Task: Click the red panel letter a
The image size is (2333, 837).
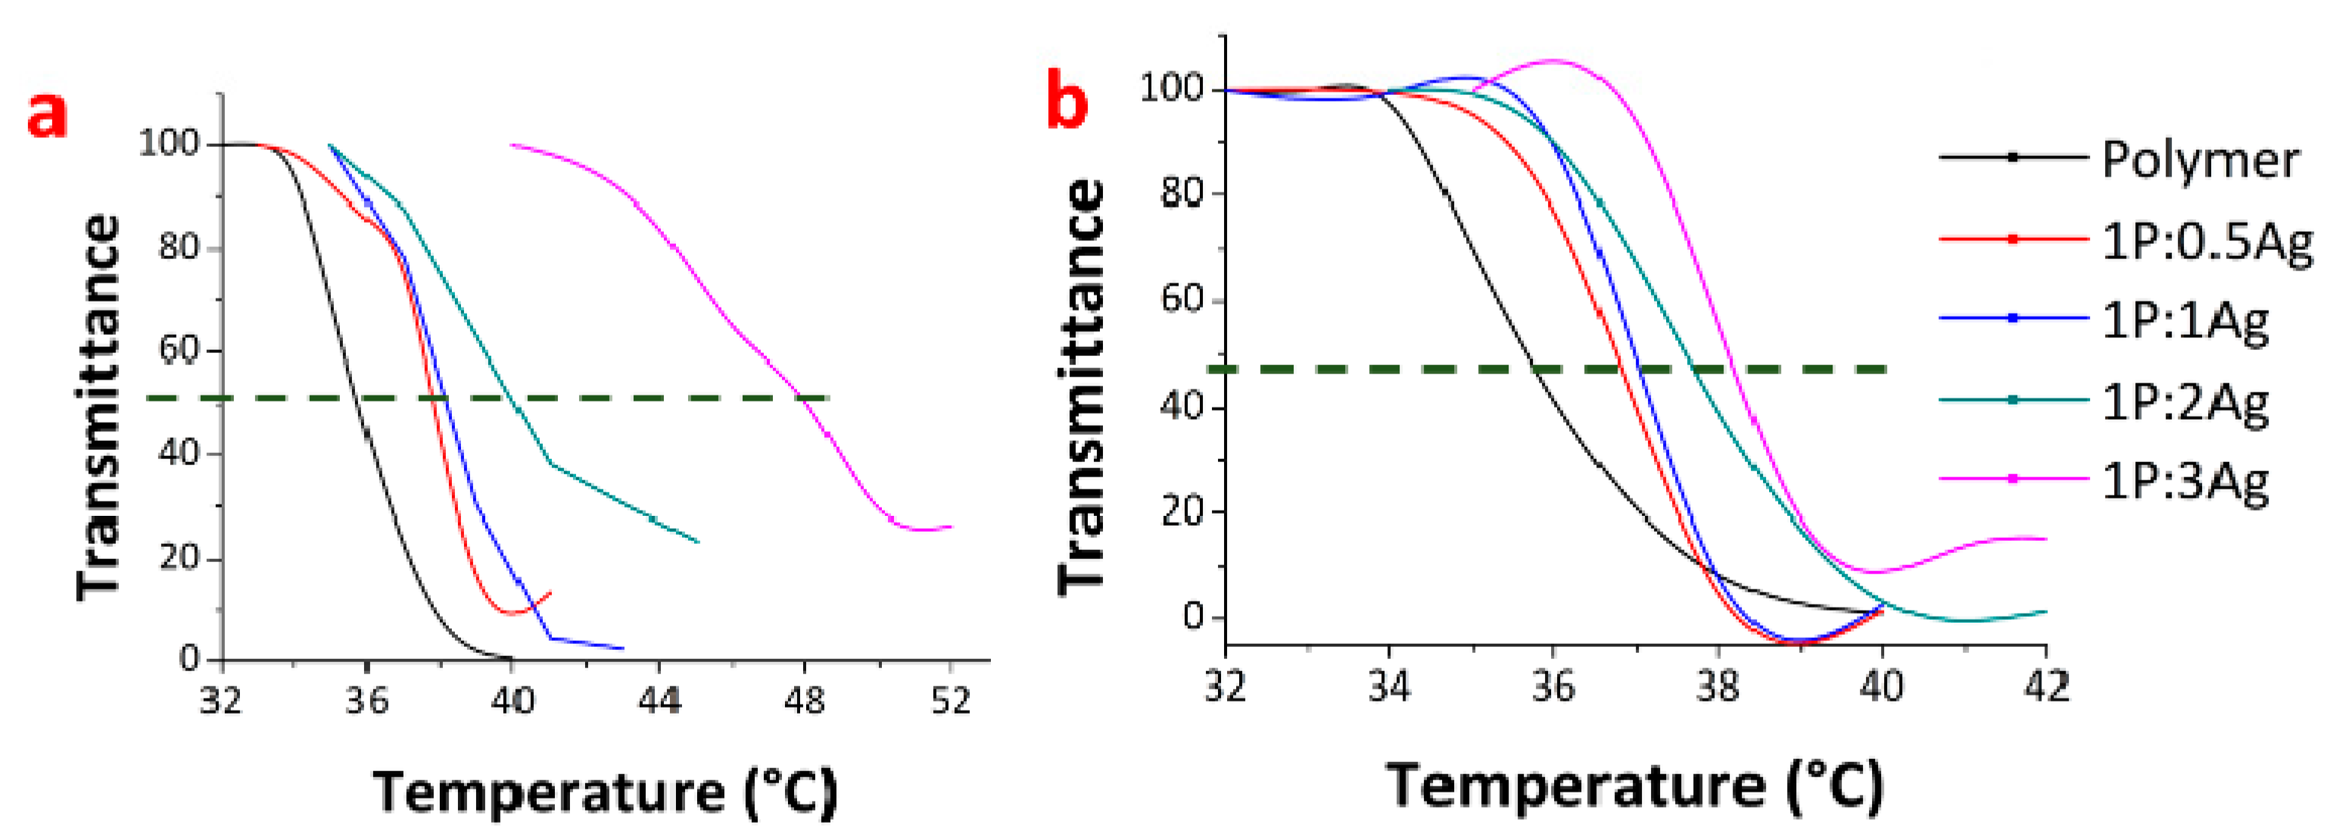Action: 47,116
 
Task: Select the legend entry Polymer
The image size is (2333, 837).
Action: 2200,159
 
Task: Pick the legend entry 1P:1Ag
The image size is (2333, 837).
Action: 2185,320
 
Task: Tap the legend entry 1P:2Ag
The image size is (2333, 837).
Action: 2185,401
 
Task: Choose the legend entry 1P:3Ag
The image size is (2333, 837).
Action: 2185,479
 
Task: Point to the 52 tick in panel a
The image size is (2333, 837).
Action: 950,699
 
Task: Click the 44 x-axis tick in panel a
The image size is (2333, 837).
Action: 659,699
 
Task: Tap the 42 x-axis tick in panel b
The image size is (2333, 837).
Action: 2046,686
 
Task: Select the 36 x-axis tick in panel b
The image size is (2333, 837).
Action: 1553,686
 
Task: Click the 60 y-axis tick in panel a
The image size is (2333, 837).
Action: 179,350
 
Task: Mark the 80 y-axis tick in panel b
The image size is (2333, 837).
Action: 1183,193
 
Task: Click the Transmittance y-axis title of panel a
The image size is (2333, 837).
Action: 98,408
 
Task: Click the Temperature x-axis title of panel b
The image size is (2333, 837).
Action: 1636,785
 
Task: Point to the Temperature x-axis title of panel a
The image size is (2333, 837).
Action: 605,792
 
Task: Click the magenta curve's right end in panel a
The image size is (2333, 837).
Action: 951,526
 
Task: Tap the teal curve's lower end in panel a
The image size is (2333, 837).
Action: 698,542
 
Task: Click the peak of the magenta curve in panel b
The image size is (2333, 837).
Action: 1553,61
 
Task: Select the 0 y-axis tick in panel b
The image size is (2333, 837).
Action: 1194,617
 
